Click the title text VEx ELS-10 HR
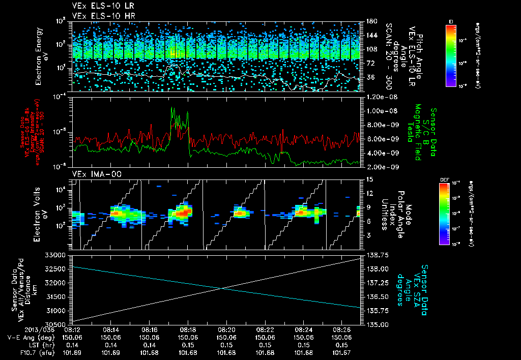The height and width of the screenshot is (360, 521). (x=100, y=16)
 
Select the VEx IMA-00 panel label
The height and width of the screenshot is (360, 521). (x=93, y=174)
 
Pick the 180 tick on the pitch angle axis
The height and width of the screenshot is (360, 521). (x=371, y=21)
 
